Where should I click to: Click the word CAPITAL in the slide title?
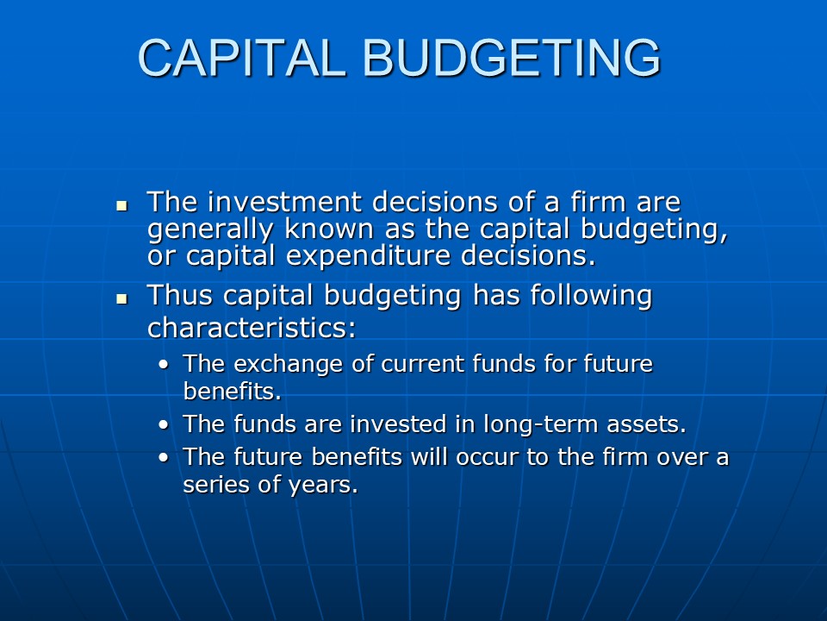tap(242, 58)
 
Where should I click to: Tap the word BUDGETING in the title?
tap(512, 58)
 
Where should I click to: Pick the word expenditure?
tap(369, 257)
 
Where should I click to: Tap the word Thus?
tap(180, 295)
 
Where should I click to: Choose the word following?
tap(591, 297)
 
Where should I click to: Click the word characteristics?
tap(252, 328)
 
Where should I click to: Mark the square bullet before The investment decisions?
tap(121, 205)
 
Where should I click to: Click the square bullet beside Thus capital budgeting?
tap(121, 299)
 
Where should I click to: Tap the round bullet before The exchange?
tap(164, 365)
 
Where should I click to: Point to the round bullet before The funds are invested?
tap(164, 425)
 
